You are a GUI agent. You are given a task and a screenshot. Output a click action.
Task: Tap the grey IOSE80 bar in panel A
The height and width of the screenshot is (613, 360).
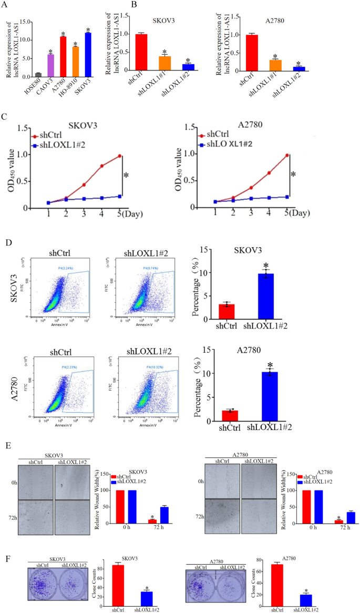pyautogui.click(x=38, y=75)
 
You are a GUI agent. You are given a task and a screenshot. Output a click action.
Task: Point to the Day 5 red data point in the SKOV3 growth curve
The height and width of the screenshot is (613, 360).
pyautogui.click(x=119, y=156)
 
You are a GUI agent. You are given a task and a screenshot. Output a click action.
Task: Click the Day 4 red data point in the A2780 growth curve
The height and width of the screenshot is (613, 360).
pyautogui.click(x=269, y=172)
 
